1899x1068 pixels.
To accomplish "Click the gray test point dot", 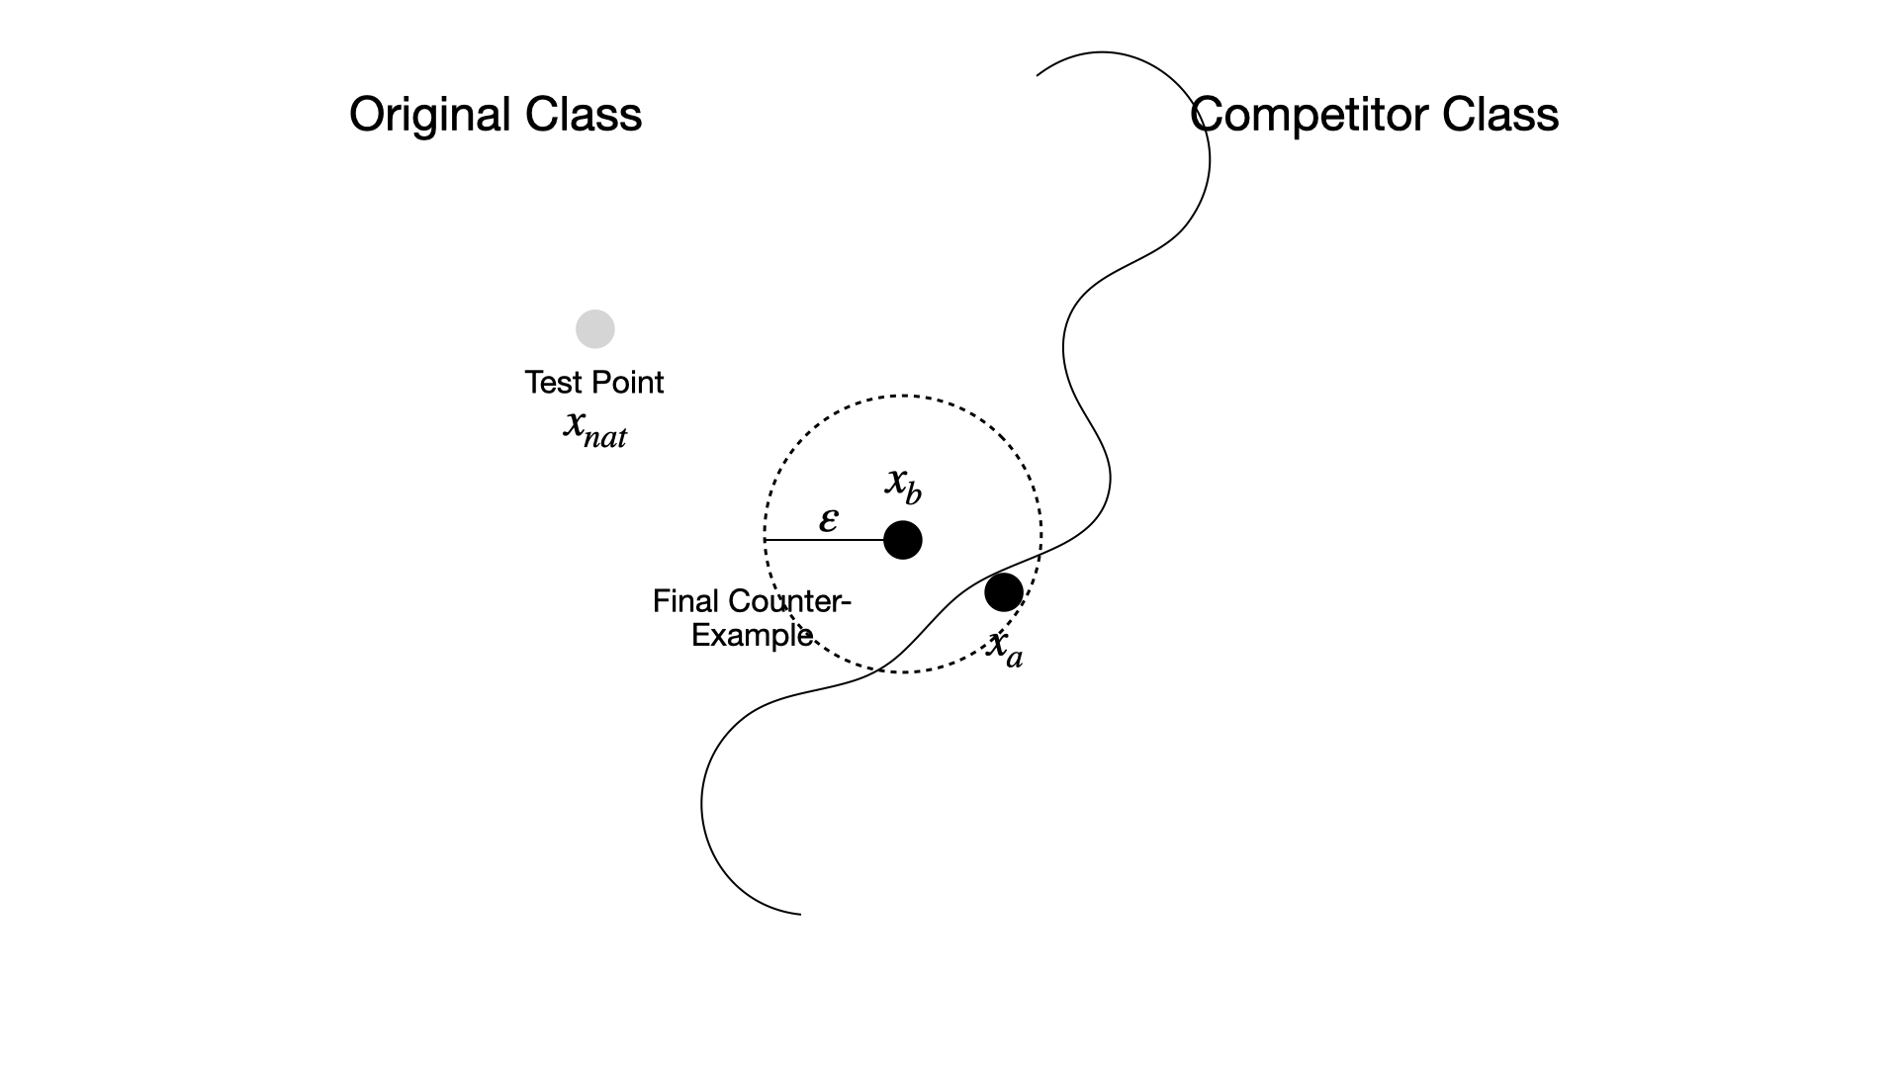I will point(595,329).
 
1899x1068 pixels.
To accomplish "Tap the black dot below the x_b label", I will point(902,540).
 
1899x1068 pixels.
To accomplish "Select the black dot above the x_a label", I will point(1003,592).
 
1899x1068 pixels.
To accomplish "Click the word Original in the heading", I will point(430,115).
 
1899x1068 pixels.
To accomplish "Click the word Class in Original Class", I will point(584,115).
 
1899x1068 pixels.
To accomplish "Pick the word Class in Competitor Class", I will point(1500,115).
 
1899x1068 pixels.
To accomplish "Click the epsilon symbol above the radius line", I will point(829,519).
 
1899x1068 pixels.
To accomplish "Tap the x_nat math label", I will point(594,427).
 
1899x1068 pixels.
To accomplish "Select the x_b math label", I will point(903,485).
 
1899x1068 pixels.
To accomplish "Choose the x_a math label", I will point(1005,648).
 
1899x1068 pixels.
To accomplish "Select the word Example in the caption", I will point(752,635).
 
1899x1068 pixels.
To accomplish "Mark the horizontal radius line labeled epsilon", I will point(824,540).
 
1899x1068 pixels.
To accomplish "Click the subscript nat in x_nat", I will point(605,437).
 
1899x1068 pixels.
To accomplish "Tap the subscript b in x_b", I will point(913,492).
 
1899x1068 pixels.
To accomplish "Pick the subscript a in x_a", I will point(1014,657).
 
